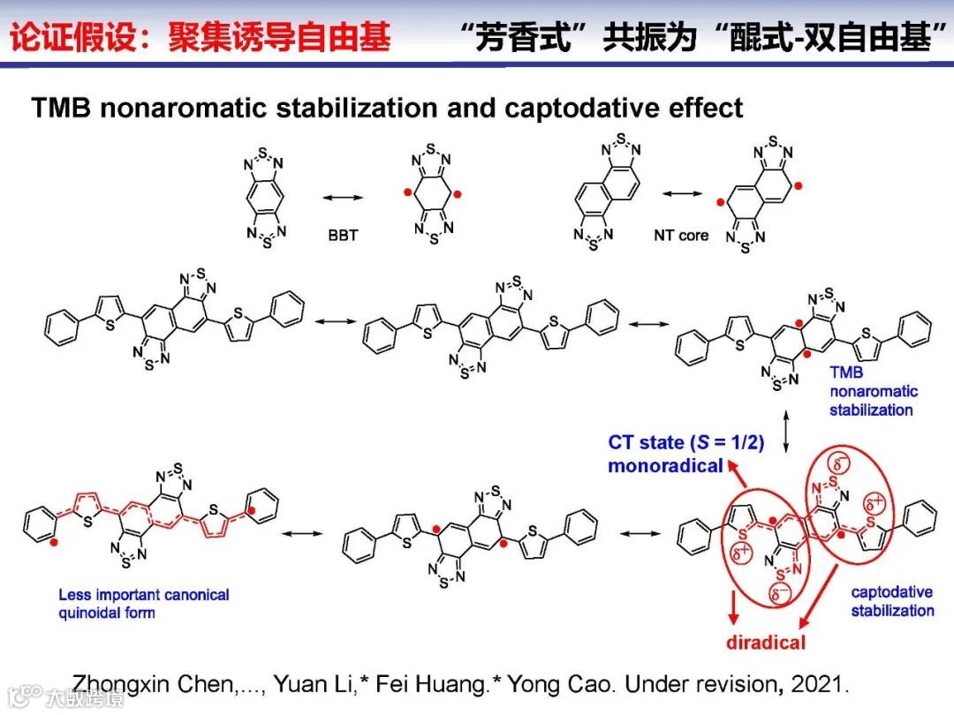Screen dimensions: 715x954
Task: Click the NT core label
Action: point(681,236)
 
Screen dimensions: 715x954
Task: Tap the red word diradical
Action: point(766,642)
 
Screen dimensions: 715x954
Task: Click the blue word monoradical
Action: point(665,465)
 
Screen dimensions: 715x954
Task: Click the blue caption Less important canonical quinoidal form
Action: point(143,603)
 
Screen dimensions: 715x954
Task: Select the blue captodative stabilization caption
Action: point(892,601)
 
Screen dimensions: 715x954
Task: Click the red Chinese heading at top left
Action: point(200,38)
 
